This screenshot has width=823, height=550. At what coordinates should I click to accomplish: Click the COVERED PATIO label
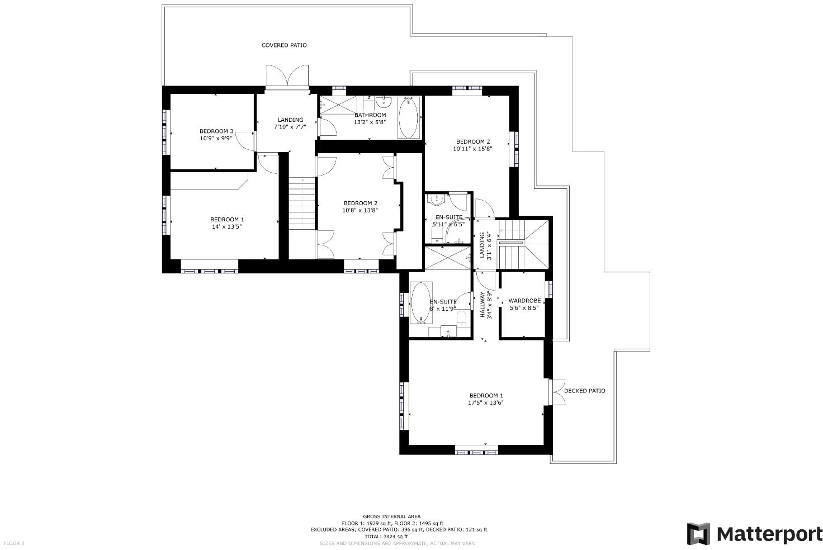click(284, 45)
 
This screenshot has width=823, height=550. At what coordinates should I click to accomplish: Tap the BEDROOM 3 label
click(216, 131)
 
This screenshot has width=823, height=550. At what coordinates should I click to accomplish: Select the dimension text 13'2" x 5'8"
click(370, 122)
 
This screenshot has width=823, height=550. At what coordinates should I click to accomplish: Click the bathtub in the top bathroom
click(408, 118)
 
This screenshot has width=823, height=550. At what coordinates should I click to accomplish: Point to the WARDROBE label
click(524, 301)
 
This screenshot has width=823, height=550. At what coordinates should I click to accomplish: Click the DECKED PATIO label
click(584, 391)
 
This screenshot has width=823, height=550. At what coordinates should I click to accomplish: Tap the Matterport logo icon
click(698, 534)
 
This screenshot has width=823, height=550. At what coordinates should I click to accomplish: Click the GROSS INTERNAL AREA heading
click(391, 516)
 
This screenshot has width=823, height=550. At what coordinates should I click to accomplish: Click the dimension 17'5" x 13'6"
click(486, 402)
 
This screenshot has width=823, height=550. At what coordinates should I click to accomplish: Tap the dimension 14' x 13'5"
click(226, 226)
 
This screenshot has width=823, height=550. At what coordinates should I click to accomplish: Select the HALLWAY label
click(483, 305)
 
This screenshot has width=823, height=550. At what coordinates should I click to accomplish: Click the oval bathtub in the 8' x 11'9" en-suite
click(420, 302)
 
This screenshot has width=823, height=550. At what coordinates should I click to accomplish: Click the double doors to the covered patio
click(287, 76)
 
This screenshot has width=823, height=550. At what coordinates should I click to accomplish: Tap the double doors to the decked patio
click(558, 391)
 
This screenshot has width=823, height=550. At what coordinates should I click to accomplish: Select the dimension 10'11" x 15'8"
click(472, 149)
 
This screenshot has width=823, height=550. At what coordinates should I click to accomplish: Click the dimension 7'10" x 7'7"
click(290, 127)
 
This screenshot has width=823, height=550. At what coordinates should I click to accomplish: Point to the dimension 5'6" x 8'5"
click(524, 307)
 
